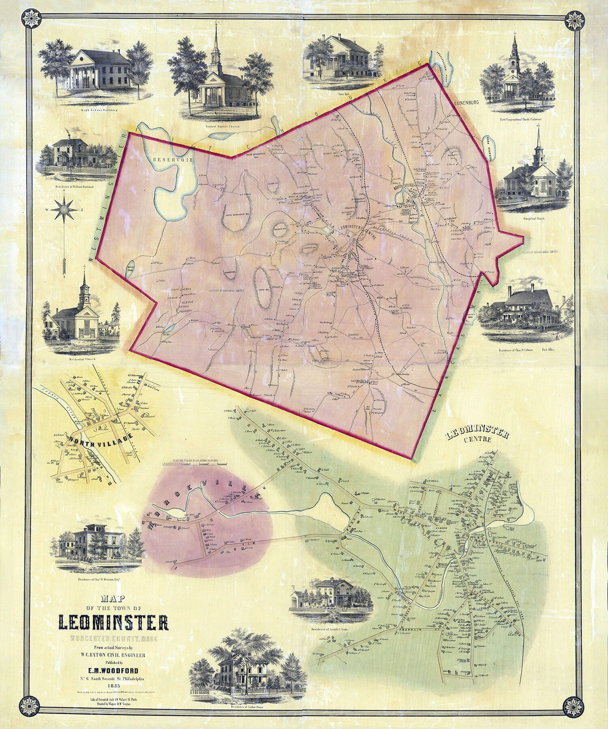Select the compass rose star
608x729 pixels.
coord(66,209)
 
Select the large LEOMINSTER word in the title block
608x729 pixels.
coord(113,622)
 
